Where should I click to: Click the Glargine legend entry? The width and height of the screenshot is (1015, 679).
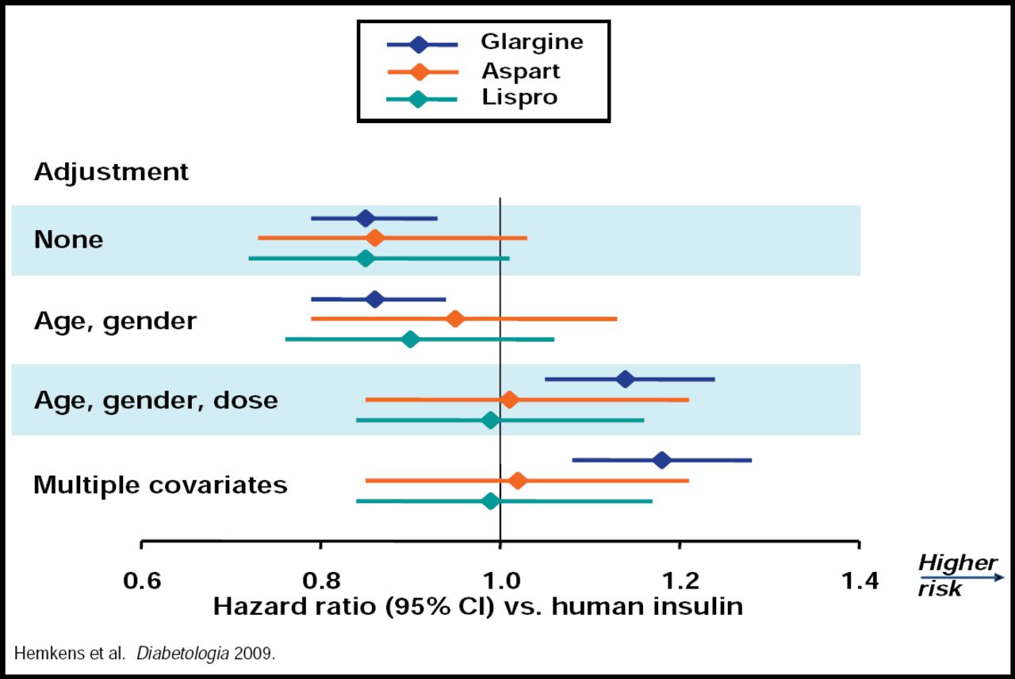531,43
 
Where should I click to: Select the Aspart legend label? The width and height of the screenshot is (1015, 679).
520,71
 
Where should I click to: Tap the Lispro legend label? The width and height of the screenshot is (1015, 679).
519,98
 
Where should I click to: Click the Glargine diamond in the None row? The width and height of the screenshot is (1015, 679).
365,218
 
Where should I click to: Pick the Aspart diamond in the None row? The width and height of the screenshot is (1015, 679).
375,237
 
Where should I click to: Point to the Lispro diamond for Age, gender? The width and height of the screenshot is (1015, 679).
410,339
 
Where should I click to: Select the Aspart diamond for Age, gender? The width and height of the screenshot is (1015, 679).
455,319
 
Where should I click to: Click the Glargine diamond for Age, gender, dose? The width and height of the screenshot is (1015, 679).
625,379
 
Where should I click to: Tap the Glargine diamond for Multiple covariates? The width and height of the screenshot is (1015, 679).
661,460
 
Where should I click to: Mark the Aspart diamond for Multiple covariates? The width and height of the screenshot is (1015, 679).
518,481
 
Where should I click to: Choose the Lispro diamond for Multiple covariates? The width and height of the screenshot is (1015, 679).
491,501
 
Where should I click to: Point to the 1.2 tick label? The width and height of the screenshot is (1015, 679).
680,582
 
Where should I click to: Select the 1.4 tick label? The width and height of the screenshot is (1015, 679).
860,582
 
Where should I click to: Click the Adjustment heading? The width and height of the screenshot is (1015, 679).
111,172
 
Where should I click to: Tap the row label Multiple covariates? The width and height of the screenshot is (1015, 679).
160,485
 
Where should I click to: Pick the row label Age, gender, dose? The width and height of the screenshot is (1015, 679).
155,401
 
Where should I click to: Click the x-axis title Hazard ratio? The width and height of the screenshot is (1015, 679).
477,608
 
